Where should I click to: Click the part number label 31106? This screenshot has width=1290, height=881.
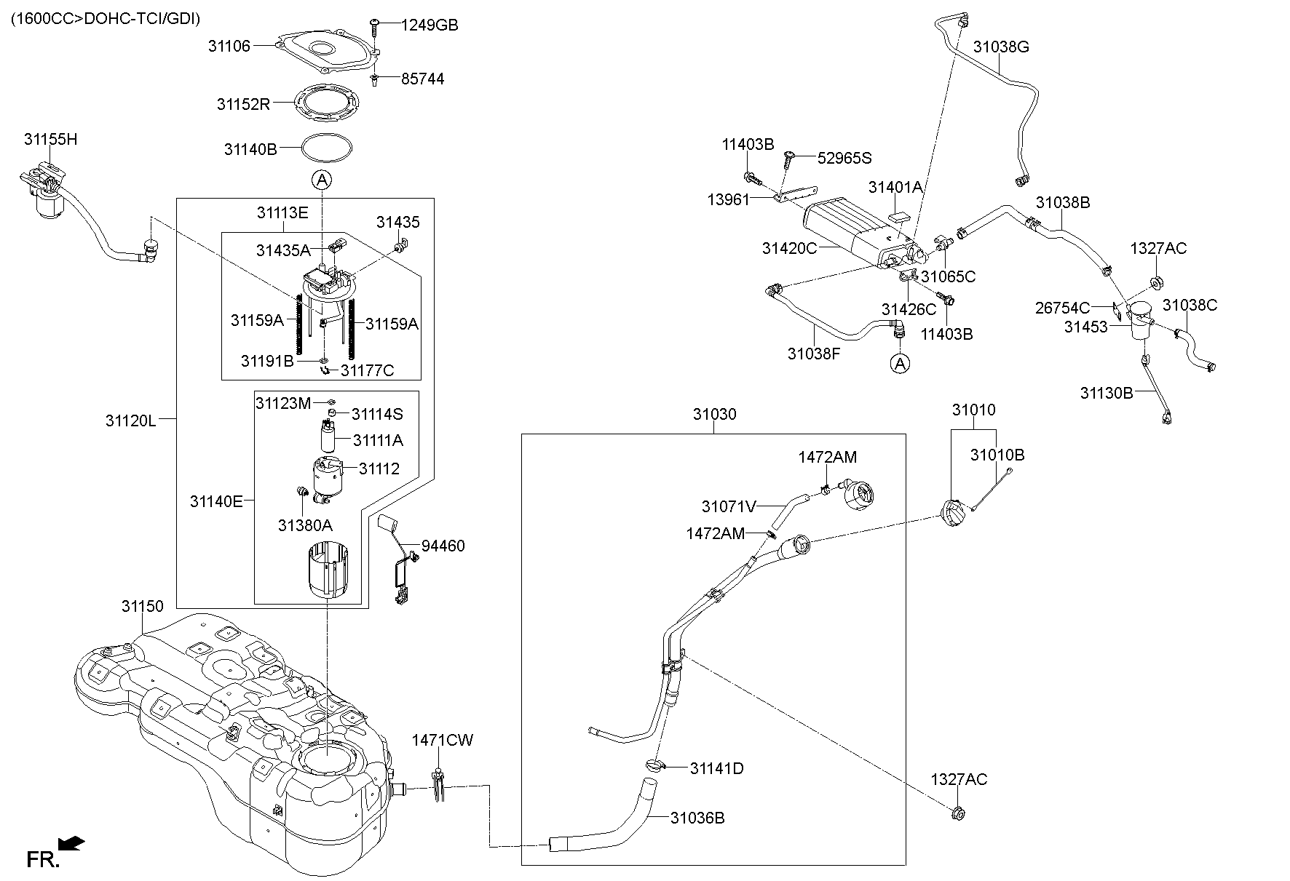(229, 46)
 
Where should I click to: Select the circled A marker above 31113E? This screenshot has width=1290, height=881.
(322, 179)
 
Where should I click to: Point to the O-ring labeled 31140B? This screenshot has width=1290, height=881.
(327, 149)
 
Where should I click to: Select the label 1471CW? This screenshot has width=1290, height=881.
(442, 741)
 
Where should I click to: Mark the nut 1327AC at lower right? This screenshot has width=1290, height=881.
(959, 813)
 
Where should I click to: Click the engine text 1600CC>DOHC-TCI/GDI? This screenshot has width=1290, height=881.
(105, 18)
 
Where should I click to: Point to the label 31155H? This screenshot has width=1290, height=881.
(50, 139)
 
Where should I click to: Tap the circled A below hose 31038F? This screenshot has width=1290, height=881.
(901, 363)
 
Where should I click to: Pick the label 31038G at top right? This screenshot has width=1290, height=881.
(1001, 47)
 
